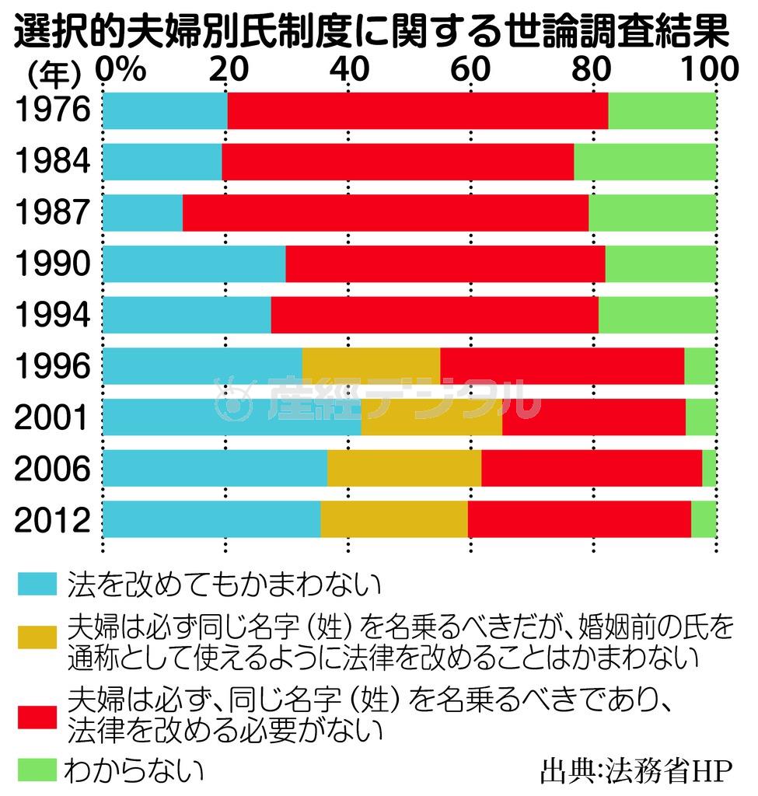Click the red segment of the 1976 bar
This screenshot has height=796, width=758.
417,110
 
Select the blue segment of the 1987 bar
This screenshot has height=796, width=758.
142,212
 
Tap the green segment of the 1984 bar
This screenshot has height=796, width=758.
645,161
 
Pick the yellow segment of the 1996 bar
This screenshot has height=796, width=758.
371,366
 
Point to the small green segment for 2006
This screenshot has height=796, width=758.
709,468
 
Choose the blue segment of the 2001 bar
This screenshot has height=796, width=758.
232,417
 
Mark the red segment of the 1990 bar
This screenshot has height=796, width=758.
445,264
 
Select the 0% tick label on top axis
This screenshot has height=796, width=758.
121,70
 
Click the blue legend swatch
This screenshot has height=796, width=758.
36,582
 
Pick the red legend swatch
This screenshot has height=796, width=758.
36,714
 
